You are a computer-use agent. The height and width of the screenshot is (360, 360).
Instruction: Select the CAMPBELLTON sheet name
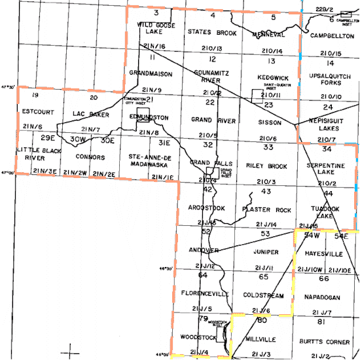point(332,35)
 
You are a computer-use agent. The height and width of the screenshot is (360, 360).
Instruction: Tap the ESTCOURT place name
point(33,111)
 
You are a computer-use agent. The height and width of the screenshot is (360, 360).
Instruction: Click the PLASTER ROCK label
point(266,210)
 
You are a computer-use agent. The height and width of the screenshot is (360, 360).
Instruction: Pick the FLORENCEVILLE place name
point(205,295)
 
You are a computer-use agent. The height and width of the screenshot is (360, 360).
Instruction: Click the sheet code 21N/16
point(154,46)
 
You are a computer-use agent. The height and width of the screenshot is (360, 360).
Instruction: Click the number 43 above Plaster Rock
point(265,191)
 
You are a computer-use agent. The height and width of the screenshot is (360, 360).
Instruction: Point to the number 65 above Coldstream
point(264,277)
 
